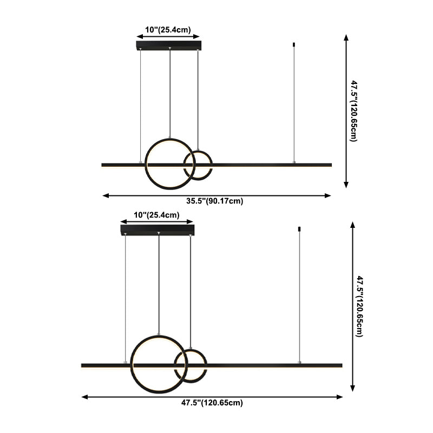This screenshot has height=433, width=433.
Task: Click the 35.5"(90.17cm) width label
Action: [215, 201]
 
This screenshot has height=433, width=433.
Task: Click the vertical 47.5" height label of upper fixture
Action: [353, 110]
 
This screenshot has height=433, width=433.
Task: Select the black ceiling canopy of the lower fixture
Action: [157, 230]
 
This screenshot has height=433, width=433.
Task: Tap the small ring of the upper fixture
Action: [198, 165]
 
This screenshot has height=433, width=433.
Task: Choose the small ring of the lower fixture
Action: [190, 365]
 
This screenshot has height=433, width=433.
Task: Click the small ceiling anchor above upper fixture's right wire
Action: [294, 44]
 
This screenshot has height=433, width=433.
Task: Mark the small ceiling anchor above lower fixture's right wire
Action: [299, 229]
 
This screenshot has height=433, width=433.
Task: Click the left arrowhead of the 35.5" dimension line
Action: [104, 195]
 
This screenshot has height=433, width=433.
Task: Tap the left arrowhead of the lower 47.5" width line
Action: [84, 397]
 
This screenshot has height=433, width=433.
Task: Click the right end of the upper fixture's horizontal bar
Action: [330, 164]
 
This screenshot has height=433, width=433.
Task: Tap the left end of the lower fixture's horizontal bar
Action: [83, 365]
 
